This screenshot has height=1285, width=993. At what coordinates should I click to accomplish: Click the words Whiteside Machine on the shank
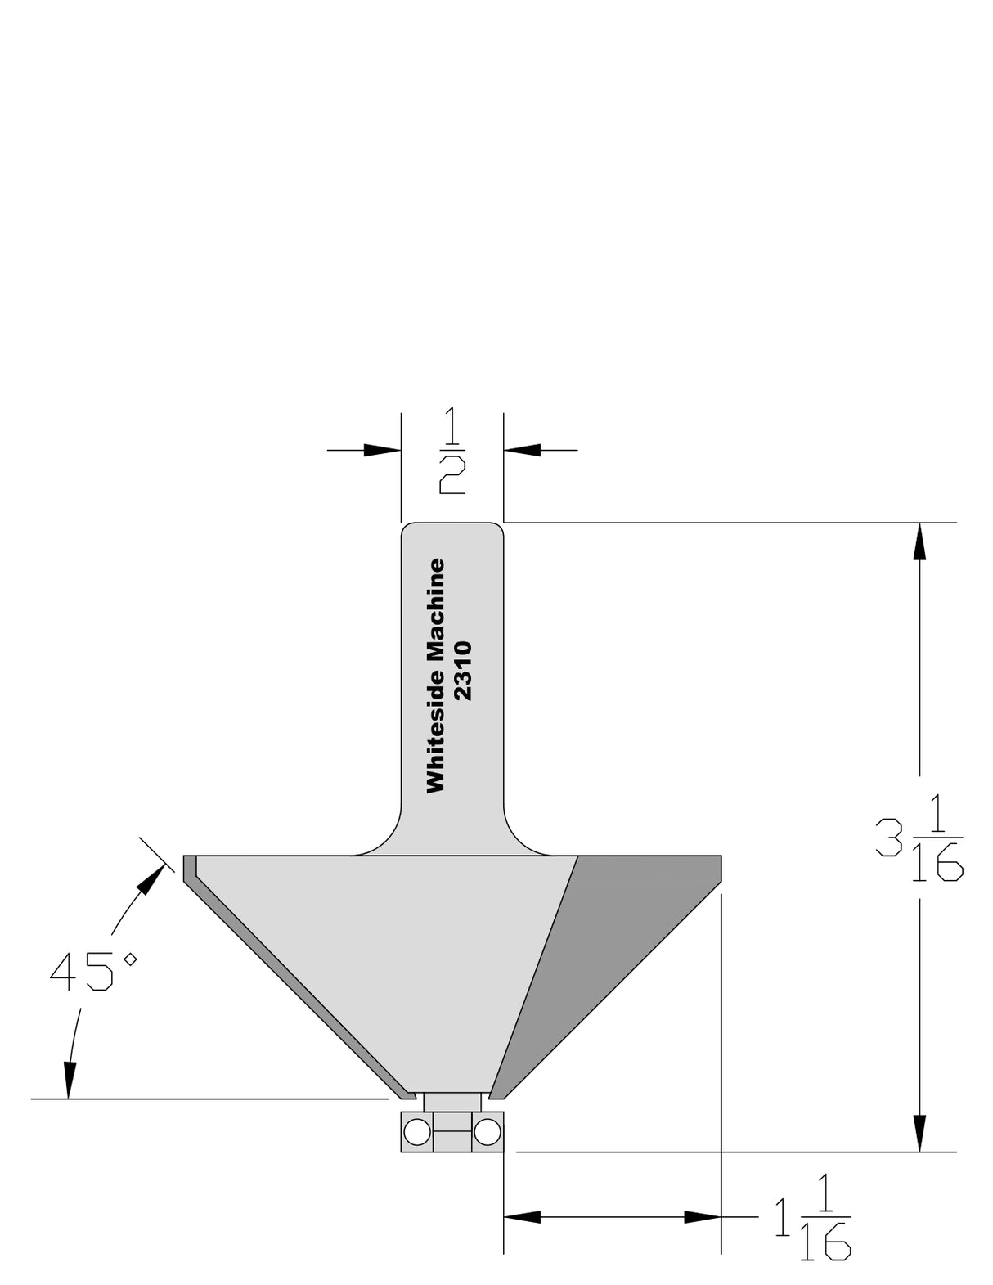coord(436,676)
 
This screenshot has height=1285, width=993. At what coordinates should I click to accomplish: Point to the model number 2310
coord(463,671)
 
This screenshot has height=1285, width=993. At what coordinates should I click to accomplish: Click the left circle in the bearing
coord(416,1133)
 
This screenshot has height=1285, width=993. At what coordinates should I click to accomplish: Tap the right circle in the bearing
coord(487,1133)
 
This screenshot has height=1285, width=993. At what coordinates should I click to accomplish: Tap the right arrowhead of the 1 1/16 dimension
coord(703,1217)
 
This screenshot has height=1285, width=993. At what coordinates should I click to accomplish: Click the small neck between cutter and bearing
coord(452,1102)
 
